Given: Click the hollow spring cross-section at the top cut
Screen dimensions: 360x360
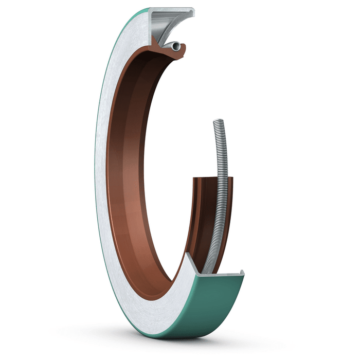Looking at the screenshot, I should coord(176,47).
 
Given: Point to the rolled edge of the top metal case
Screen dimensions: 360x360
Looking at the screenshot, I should coord(193,12).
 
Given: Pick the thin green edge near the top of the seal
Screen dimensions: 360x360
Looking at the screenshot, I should coord(123,31).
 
